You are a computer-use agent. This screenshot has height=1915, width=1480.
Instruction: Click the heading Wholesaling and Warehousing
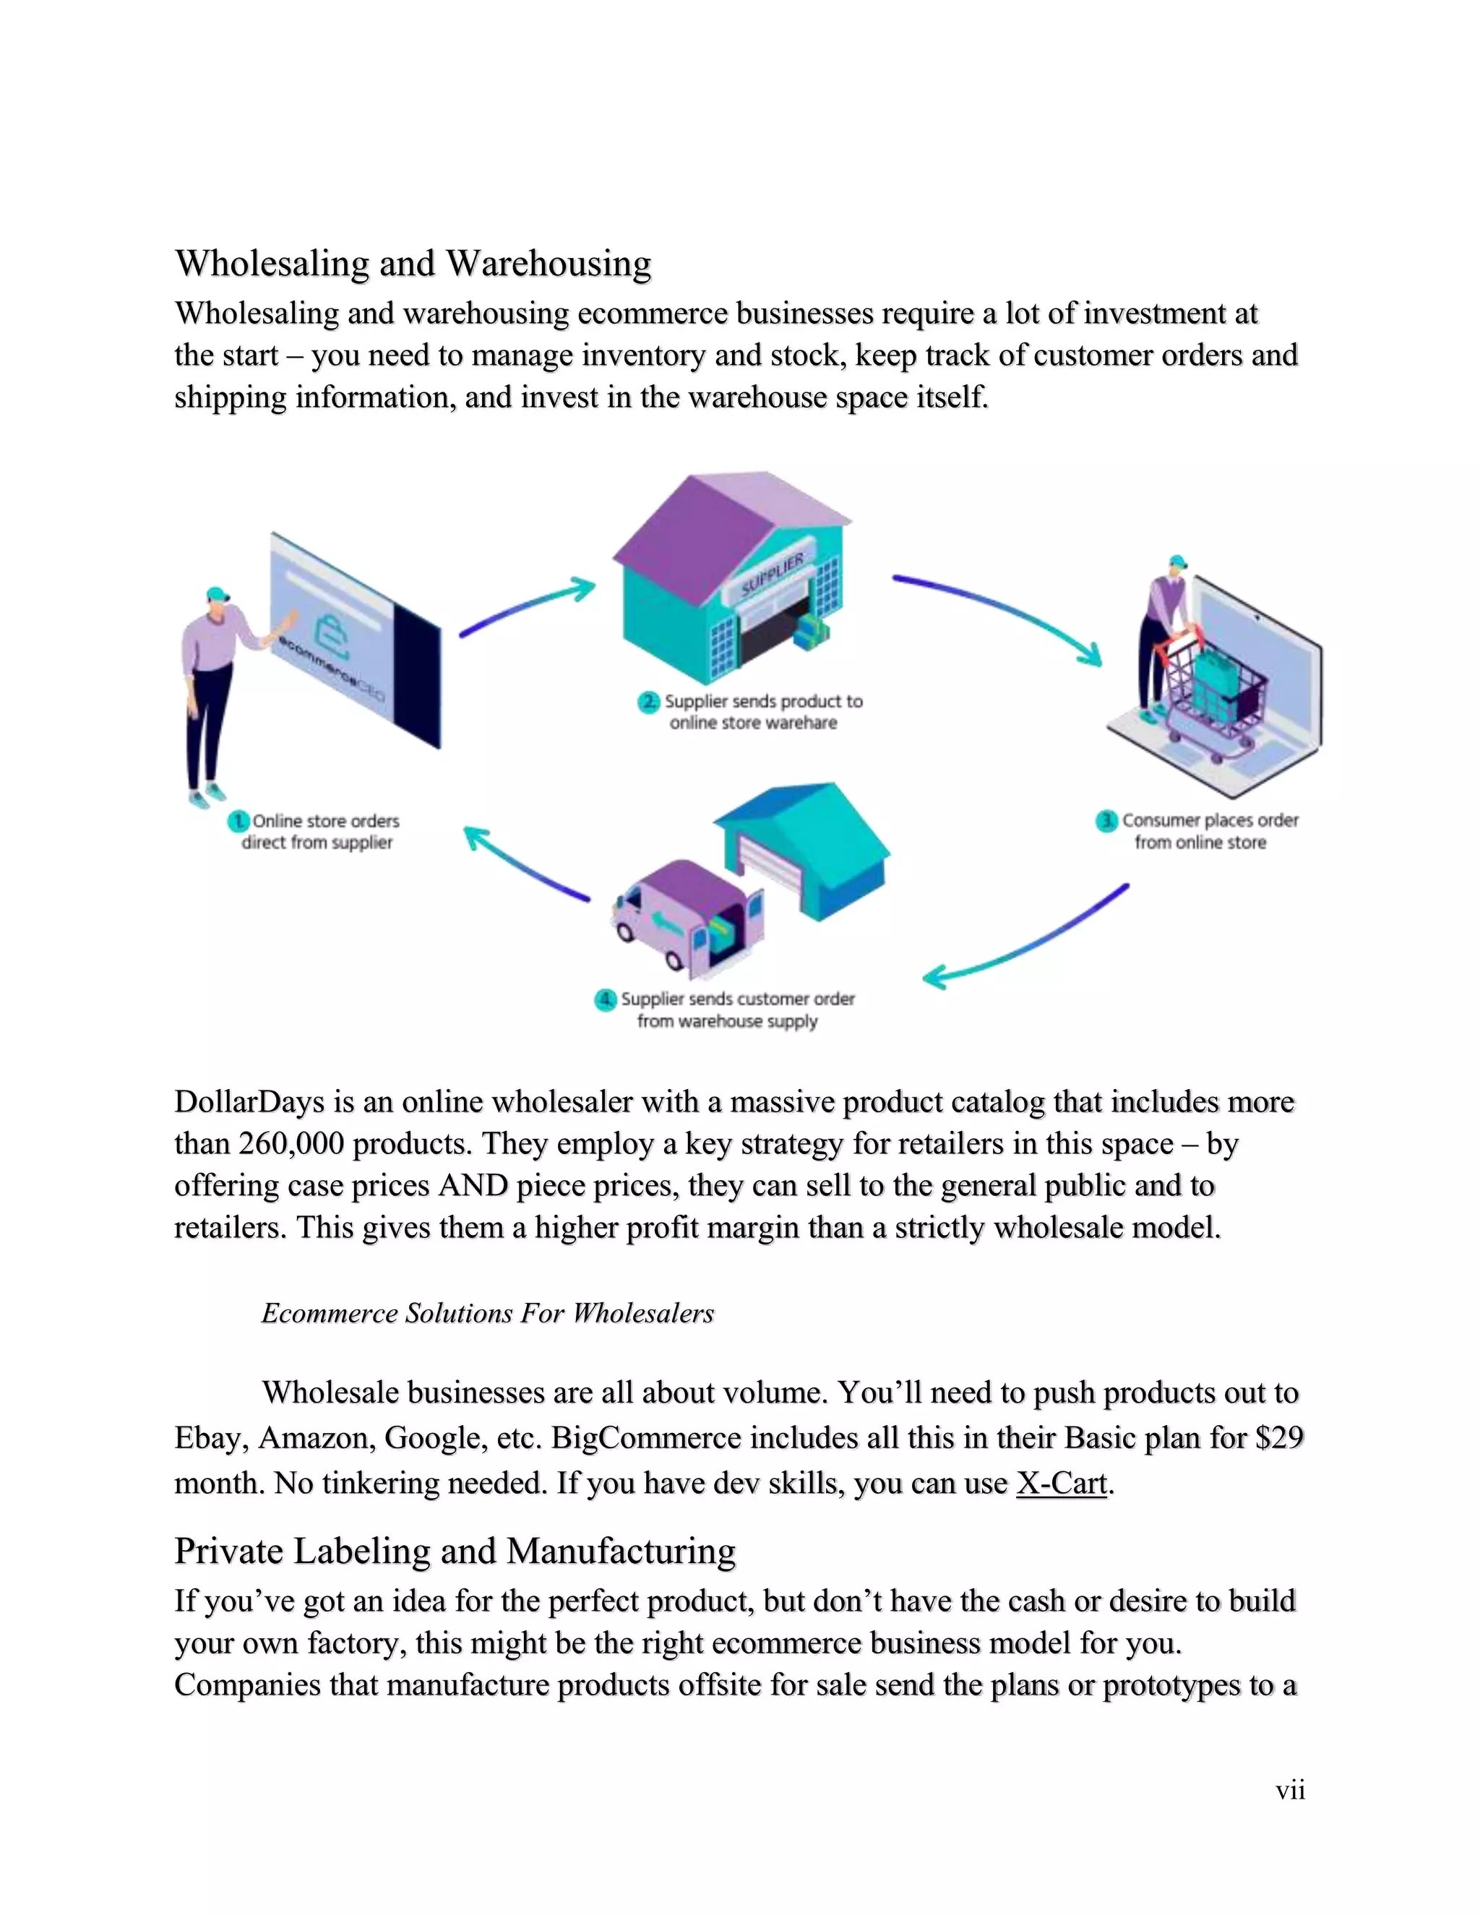[x=413, y=264]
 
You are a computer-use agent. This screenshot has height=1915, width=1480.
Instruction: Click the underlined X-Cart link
[x=1062, y=1483]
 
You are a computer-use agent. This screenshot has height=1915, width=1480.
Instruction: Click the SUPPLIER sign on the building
[x=772, y=577]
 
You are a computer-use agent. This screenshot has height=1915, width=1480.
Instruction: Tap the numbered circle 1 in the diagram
[x=238, y=822]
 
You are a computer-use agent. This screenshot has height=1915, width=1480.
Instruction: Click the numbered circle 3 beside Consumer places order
[x=1106, y=821]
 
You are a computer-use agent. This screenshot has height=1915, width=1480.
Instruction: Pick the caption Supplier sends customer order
[x=736, y=999]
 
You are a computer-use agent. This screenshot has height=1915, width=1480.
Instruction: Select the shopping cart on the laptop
[x=1214, y=693]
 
